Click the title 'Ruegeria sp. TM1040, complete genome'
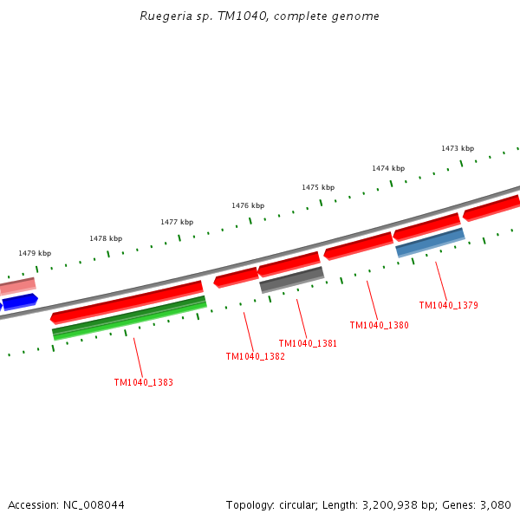(x=259, y=16)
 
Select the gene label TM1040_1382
(x=255, y=356)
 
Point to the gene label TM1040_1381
(x=308, y=343)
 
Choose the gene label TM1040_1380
(x=379, y=325)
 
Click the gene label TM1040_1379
(x=448, y=305)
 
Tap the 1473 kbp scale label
(x=458, y=148)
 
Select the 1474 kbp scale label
(x=388, y=168)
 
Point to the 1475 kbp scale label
(x=318, y=187)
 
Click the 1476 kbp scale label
(x=248, y=205)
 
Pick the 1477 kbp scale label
(x=177, y=222)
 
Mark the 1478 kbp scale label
(x=106, y=238)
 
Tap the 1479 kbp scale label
(x=35, y=253)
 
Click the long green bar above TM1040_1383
(x=129, y=316)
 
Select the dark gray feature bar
(x=291, y=279)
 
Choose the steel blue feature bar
(x=430, y=243)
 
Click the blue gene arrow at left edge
(x=19, y=302)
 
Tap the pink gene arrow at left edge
(x=17, y=285)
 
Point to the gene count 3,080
(x=496, y=504)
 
